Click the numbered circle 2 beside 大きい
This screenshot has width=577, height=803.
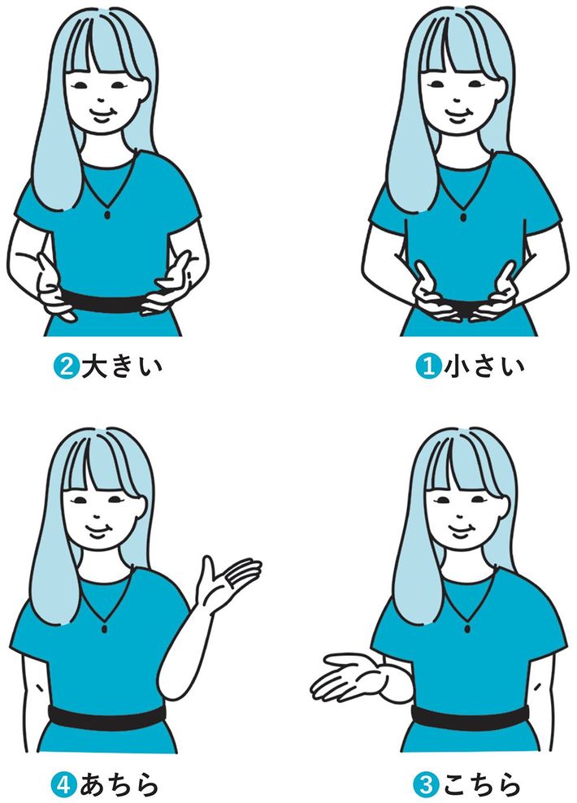[65, 367]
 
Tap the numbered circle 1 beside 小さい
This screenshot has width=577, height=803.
[428, 367]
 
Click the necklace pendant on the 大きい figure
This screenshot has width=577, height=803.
[107, 214]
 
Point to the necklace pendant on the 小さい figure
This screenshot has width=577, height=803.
[463, 217]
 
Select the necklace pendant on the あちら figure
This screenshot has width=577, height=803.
[105, 628]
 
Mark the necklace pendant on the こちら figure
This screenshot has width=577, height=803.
[467, 628]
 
